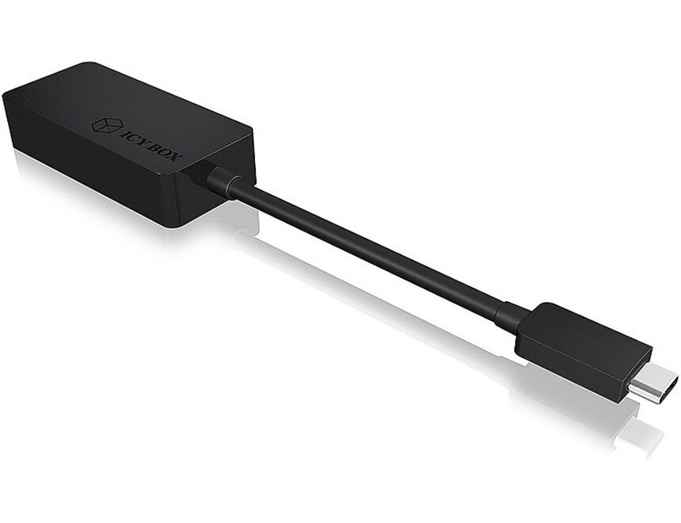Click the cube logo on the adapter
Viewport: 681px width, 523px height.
(105, 125)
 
